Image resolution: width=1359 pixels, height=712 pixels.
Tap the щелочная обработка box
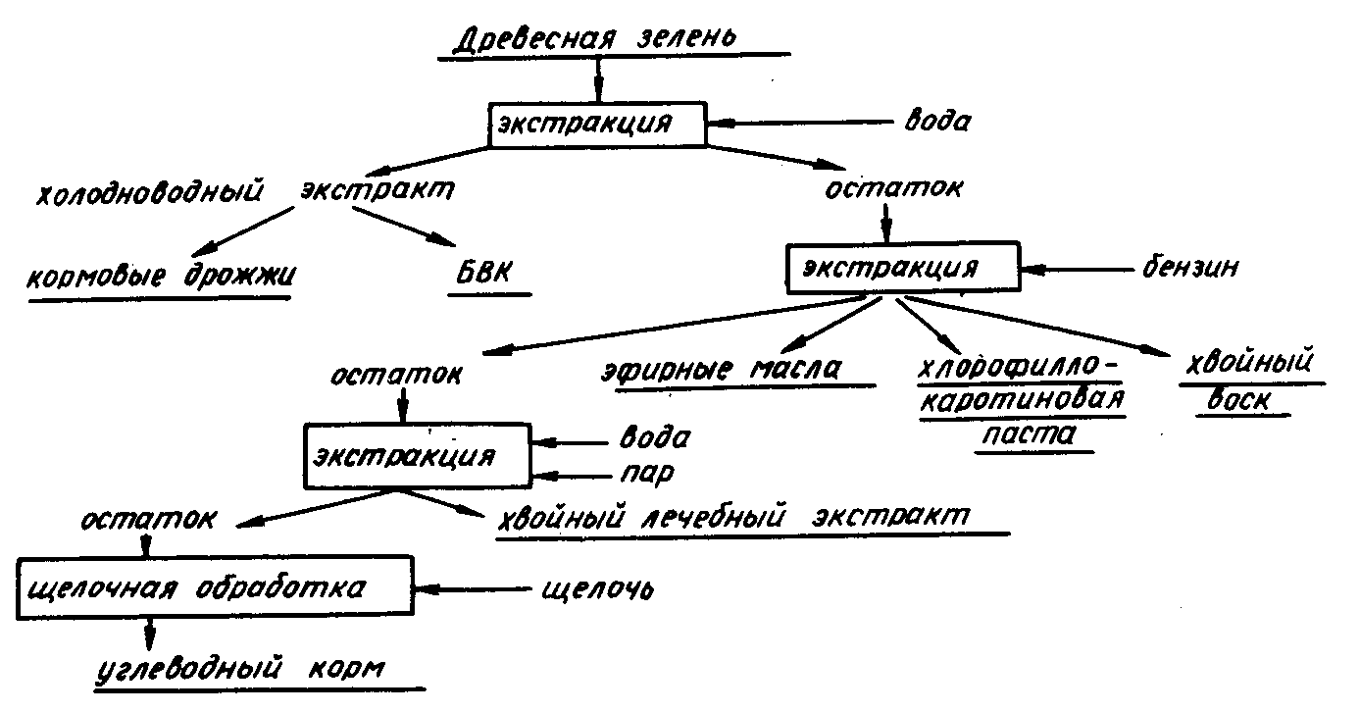click(213, 589)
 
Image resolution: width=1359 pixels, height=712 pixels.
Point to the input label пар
click(646, 475)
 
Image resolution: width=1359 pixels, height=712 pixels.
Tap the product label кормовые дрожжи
click(162, 276)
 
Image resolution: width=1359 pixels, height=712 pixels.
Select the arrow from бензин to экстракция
click(1073, 268)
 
